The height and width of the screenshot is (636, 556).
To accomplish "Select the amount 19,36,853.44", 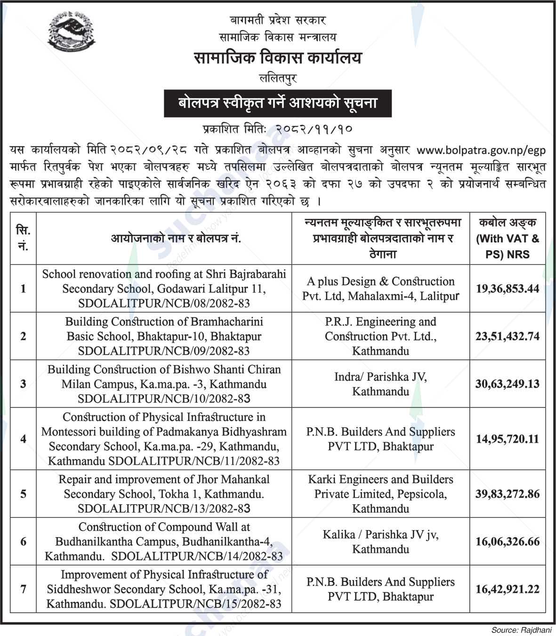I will click(507, 289).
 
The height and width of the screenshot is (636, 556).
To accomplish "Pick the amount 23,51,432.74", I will click(507, 336).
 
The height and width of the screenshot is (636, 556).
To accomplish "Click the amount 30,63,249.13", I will click(507, 384).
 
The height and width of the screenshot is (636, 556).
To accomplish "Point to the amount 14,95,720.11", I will click(507, 439).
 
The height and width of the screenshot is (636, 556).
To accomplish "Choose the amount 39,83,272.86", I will click(507, 494).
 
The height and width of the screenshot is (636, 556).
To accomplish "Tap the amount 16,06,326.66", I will click(507, 541).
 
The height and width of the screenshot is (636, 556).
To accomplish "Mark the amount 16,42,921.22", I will click(507, 589).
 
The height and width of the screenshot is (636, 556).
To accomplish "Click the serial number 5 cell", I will click(23, 494).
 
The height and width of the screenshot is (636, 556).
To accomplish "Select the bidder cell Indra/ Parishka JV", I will click(380, 384).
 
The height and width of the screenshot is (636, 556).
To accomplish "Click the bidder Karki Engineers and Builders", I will click(380, 480).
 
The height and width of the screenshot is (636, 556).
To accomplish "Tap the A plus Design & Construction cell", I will click(380, 288).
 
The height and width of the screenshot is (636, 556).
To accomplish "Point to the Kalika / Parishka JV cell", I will click(380, 541).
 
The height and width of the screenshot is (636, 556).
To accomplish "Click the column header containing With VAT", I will click(507, 238).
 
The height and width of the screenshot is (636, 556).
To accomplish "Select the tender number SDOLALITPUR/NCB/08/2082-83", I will click(164, 303).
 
